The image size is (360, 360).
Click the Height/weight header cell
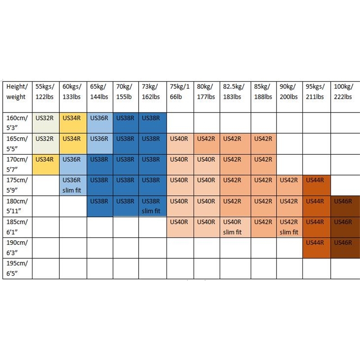[17, 91]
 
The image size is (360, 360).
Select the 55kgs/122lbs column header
[46, 91]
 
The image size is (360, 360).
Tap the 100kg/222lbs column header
[345, 91]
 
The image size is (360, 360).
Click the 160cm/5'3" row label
[17, 122]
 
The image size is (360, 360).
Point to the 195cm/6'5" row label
[17, 268]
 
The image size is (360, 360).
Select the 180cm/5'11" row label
[17, 206]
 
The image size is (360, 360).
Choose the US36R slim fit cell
[73, 185]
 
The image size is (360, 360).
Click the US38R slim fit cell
[152, 206]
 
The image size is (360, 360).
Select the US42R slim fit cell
[289, 227]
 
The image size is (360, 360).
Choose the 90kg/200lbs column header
[289, 91]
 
